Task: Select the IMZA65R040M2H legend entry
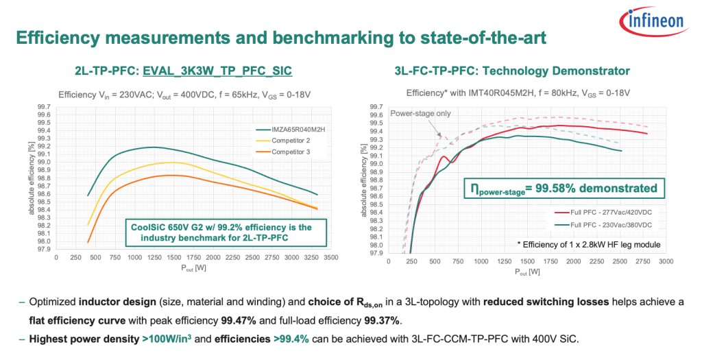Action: [x=286, y=129]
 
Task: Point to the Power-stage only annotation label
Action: [x=420, y=113]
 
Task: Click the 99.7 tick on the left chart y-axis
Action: [x=42, y=106]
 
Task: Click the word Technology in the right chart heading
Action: [x=513, y=71]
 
